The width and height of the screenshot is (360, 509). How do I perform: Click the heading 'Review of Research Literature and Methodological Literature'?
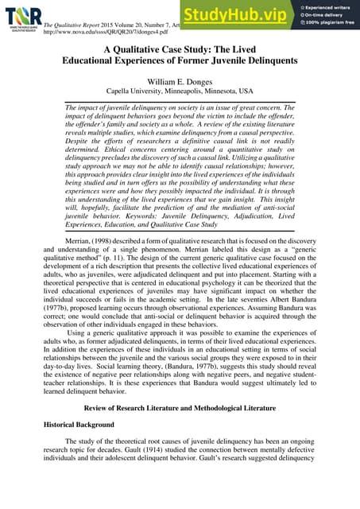tap(180, 407)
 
